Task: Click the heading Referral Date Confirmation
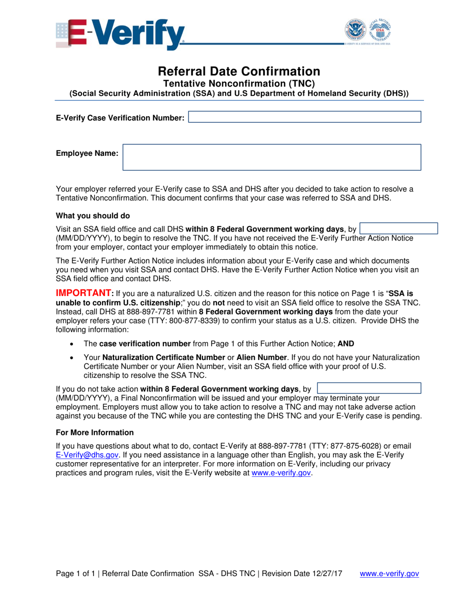tap(239, 71)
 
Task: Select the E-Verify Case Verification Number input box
tap(304, 117)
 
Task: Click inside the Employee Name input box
tap(271, 157)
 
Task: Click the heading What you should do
tap(92, 216)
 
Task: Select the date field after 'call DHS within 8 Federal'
tap(398, 229)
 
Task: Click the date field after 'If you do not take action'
tap(369, 388)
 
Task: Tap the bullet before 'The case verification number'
tap(73, 343)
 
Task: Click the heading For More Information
tap(94, 432)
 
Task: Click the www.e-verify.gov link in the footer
tap(389, 574)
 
